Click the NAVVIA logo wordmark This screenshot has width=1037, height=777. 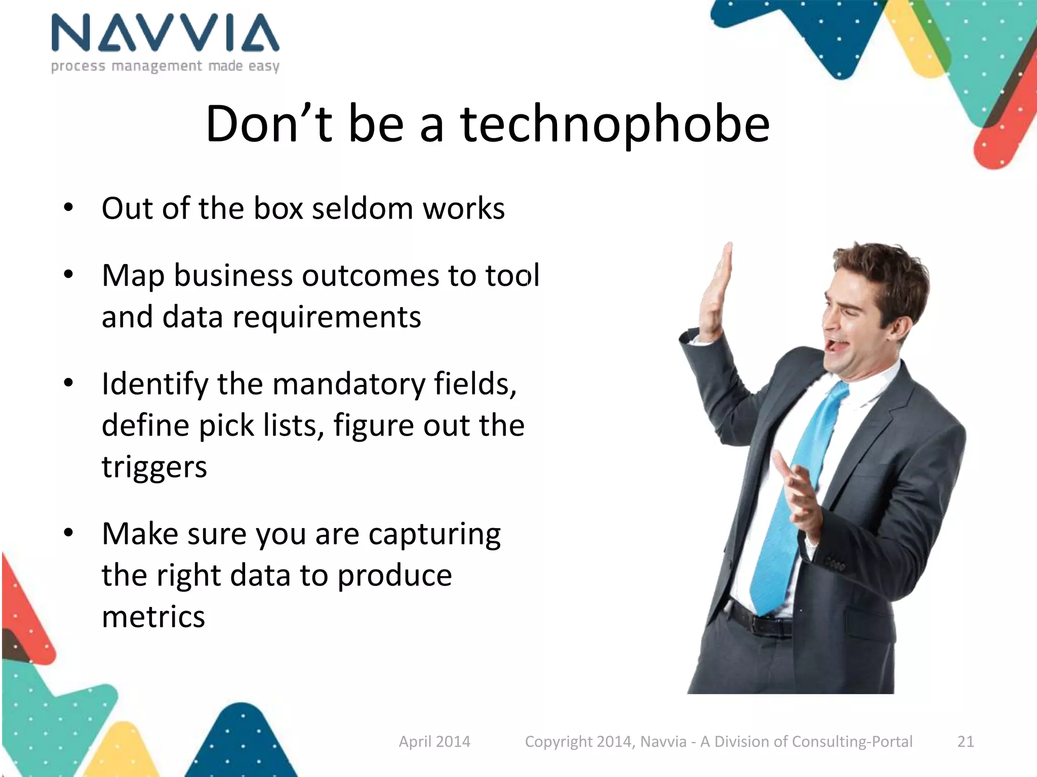click(165, 33)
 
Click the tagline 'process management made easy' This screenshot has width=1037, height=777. click(165, 66)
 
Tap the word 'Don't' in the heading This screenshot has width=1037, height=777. click(269, 124)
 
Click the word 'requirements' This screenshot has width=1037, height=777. click(327, 318)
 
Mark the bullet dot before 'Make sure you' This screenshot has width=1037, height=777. click(68, 533)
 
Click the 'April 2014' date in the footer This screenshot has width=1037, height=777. click(434, 742)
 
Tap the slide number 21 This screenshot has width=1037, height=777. click(966, 742)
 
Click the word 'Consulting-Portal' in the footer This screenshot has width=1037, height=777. click(852, 742)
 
